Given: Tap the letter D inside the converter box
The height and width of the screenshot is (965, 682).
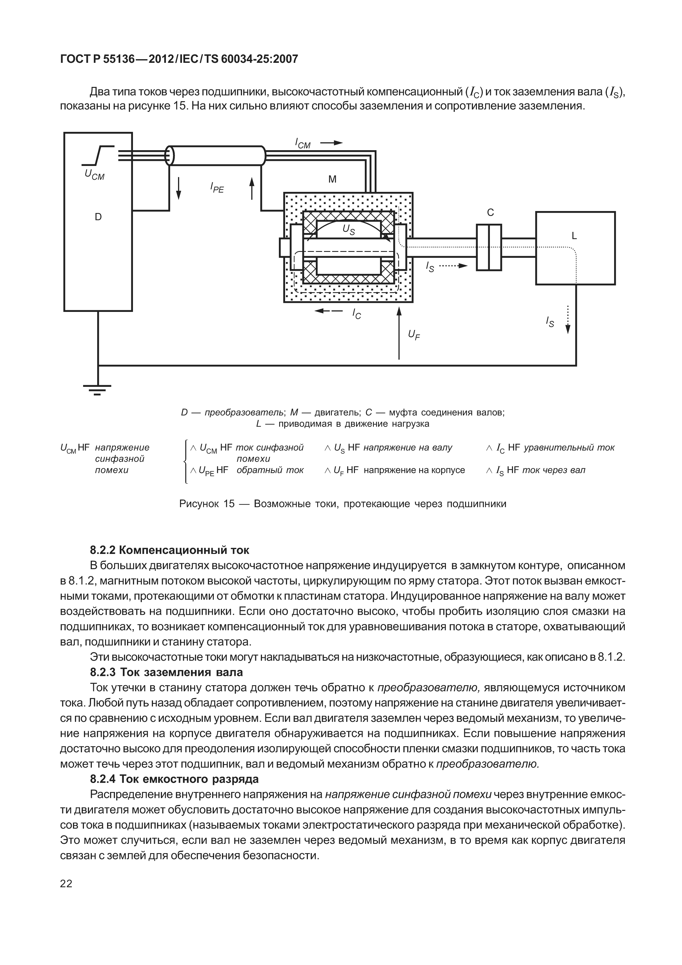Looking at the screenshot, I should (x=98, y=217).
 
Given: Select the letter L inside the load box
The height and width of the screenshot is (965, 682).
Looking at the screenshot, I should (x=574, y=236).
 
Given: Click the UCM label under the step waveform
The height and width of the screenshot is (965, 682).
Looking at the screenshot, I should (x=95, y=174).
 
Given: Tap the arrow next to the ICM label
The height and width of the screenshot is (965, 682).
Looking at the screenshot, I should (x=331, y=143).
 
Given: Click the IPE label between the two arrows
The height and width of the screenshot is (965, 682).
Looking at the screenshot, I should (x=217, y=187).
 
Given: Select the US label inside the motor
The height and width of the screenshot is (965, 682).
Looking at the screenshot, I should (x=348, y=229).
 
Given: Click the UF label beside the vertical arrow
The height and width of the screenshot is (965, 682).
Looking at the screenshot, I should (x=414, y=334).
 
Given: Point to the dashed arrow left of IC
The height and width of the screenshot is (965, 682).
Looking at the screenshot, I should (x=328, y=311).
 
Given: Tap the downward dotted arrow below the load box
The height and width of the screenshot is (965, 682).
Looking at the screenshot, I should (x=568, y=320).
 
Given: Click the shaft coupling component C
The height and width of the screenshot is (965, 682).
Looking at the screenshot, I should (x=489, y=248).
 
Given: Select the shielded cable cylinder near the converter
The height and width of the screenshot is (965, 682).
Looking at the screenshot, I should (x=216, y=156).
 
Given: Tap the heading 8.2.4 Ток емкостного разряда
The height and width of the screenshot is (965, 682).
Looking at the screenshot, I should (x=174, y=779).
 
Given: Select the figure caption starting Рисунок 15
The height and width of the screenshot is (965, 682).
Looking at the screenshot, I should (x=343, y=504).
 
